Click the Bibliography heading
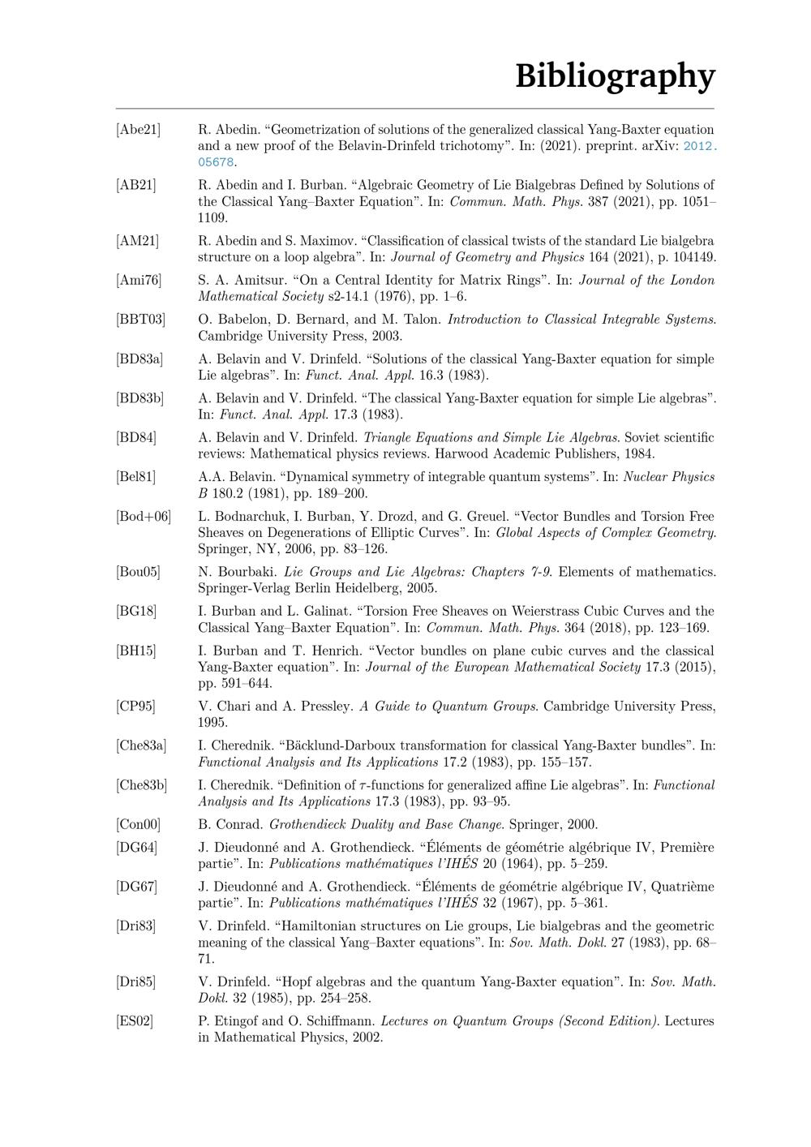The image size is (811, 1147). (615, 75)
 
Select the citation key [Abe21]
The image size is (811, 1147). (138, 130)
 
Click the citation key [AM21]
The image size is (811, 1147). (137, 241)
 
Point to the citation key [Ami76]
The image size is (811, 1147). (138, 281)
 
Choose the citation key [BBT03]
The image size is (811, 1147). (140, 320)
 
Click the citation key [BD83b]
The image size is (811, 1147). (139, 398)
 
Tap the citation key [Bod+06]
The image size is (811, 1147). (144, 517)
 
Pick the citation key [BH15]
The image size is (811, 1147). (135, 651)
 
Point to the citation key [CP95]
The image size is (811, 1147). (135, 707)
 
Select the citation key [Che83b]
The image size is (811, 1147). (141, 785)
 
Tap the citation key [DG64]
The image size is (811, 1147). (136, 848)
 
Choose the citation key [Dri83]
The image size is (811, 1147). (135, 926)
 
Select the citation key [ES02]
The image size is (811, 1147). (135, 1021)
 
